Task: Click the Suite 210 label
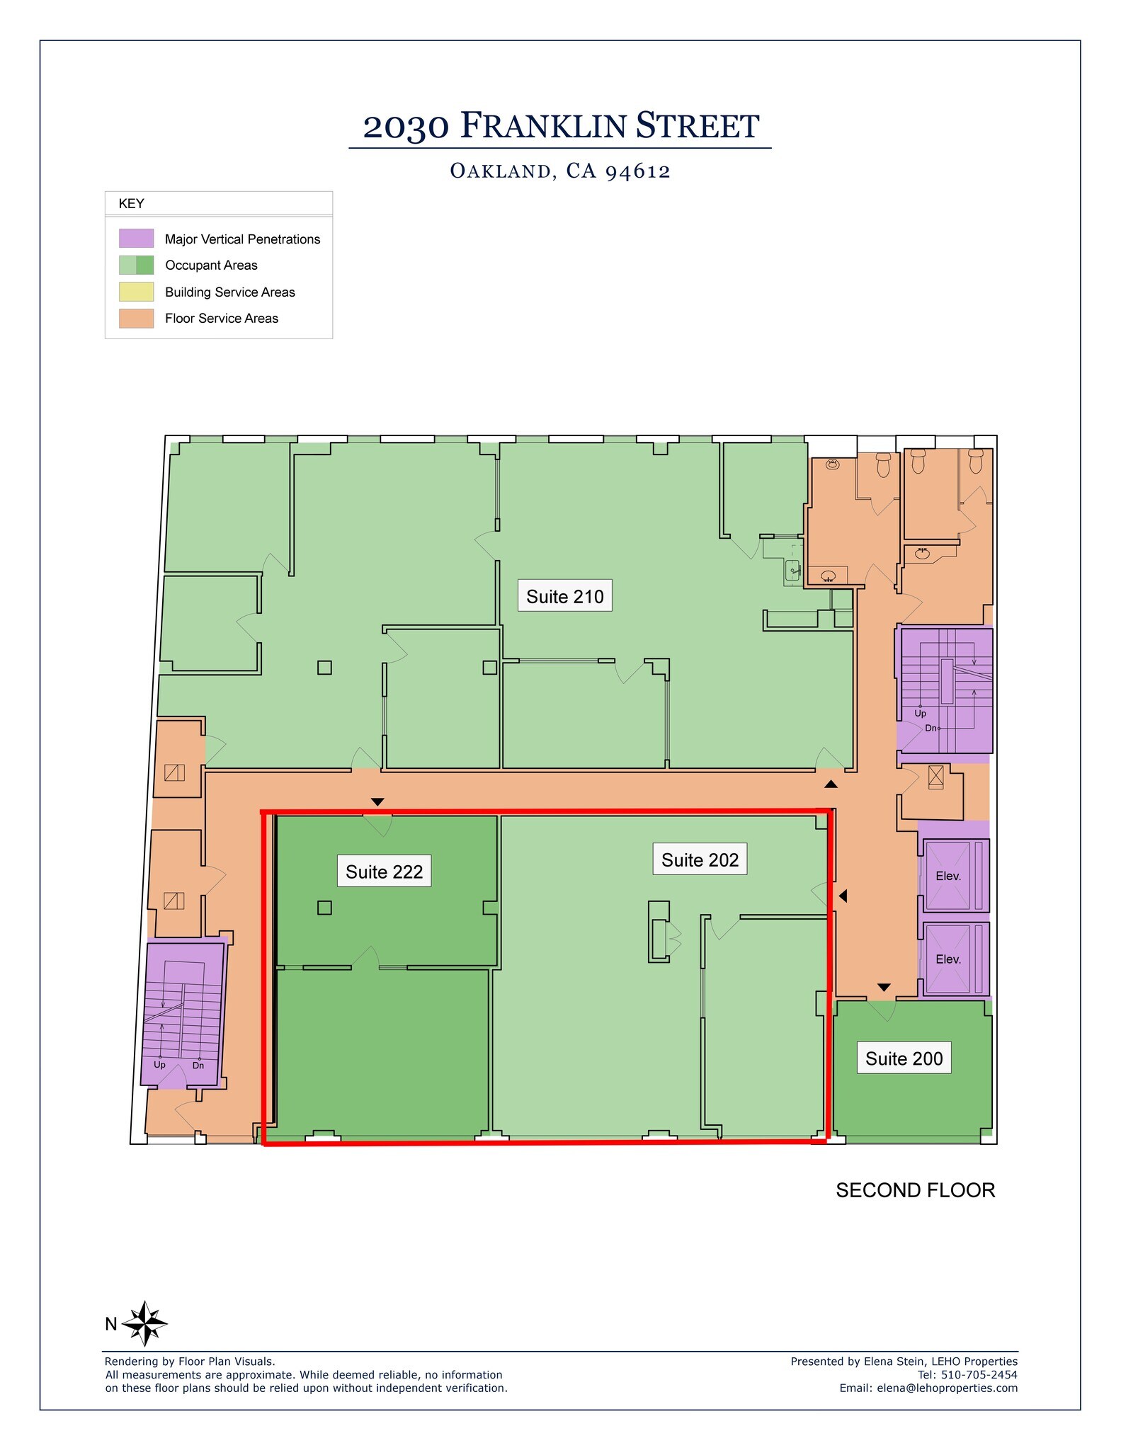[x=564, y=596]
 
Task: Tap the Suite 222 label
[x=384, y=872]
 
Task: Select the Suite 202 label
[x=700, y=860]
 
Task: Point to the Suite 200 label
[x=904, y=1058]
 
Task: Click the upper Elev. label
[x=948, y=876]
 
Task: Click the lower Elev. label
[x=948, y=959]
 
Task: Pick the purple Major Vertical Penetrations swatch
[x=136, y=239]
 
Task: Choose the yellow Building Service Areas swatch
[x=136, y=292]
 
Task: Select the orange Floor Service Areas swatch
[x=136, y=319]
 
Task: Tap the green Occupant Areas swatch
[x=136, y=266]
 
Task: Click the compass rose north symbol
[x=144, y=1323]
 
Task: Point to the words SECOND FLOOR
[x=915, y=1190]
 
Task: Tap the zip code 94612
[x=637, y=171]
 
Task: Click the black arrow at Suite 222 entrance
[x=377, y=802]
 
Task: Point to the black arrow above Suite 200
[x=883, y=988]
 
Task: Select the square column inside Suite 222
[x=324, y=907]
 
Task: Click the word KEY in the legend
[x=132, y=204]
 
